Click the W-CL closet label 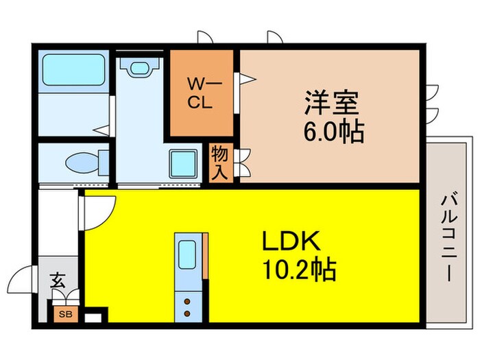(x=202, y=95)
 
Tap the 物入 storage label (x=219, y=162)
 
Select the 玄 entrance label (x=58, y=280)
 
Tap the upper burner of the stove (x=187, y=299)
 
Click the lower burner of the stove (x=187, y=313)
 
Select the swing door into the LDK (x=96, y=209)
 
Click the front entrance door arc (x=21, y=281)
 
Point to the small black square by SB (x=97, y=317)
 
